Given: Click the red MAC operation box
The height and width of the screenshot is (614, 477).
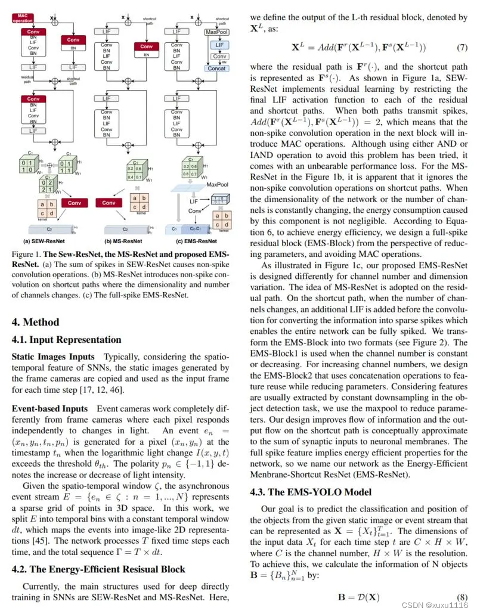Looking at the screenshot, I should click(x=23, y=18).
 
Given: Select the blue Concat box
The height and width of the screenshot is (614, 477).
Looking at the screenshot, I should click(x=219, y=68).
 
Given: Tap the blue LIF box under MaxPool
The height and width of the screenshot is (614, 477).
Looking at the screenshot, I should click(x=219, y=45).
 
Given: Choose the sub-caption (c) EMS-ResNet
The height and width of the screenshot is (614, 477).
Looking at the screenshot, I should click(x=197, y=241).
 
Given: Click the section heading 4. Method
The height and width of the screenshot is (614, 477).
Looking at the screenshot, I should click(x=36, y=322).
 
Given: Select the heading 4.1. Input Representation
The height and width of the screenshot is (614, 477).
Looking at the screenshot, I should click(x=67, y=340).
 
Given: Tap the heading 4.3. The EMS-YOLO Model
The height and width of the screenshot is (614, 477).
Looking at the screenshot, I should click(x=310, y=492).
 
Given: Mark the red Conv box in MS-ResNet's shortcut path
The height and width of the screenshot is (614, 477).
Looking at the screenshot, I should click(x=147, y=46).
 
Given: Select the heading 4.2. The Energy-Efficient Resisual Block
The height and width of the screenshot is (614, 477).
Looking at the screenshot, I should click(x=98, y=569).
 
